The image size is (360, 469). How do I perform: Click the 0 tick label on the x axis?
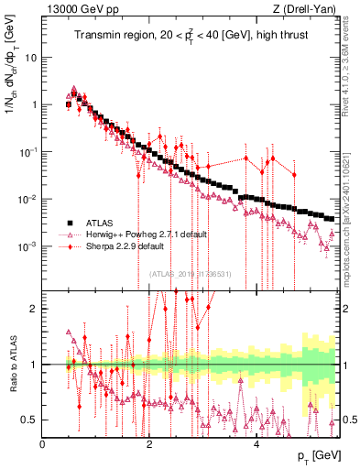coord(43,444)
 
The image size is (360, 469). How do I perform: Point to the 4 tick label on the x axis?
coord(256,444)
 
